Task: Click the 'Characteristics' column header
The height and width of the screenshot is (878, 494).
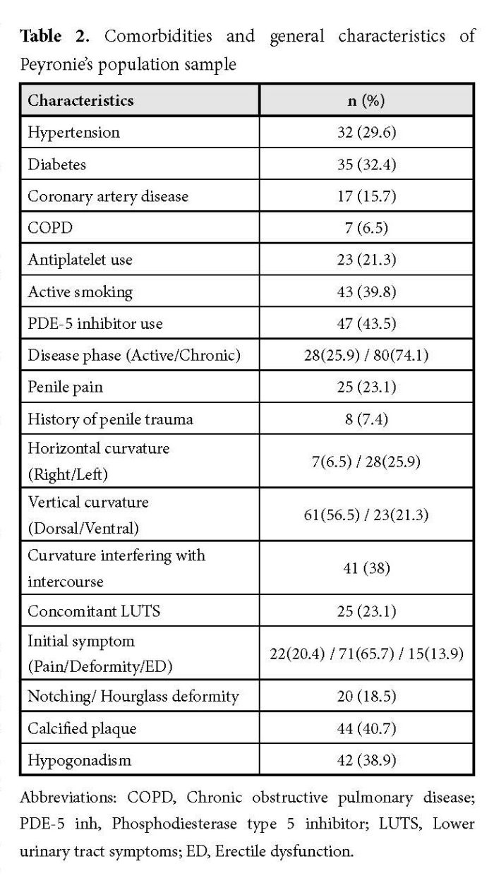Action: coord(80,100)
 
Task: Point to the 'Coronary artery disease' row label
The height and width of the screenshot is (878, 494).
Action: coord(108,196)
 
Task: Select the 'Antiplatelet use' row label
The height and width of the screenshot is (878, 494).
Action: coord(80,260)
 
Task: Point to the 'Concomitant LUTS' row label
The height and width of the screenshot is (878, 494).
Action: coord(84,611)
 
